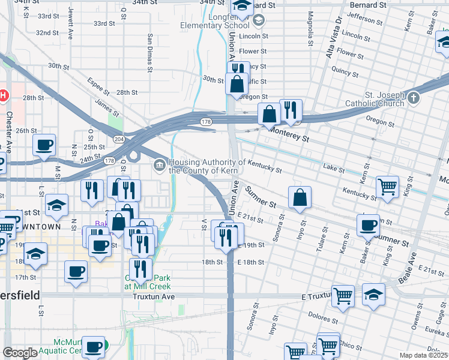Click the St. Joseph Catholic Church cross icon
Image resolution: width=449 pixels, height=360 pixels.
pos(413,97)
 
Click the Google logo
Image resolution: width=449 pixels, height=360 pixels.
pos(20,353)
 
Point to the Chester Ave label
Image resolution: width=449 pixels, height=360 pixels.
pos(9,126)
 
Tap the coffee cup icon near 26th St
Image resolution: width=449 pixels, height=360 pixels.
pos(44,145)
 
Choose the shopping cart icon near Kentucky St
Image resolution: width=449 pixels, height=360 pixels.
pos(388,186)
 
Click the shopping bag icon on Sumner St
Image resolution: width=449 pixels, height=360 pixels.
pos(300,197)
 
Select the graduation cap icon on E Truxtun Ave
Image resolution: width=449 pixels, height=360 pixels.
pos(373,294)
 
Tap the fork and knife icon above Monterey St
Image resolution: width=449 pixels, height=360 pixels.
pos(291,109)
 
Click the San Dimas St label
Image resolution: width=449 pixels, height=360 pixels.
pos(149,47)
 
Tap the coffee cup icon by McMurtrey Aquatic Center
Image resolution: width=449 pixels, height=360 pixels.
pos(93,347)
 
